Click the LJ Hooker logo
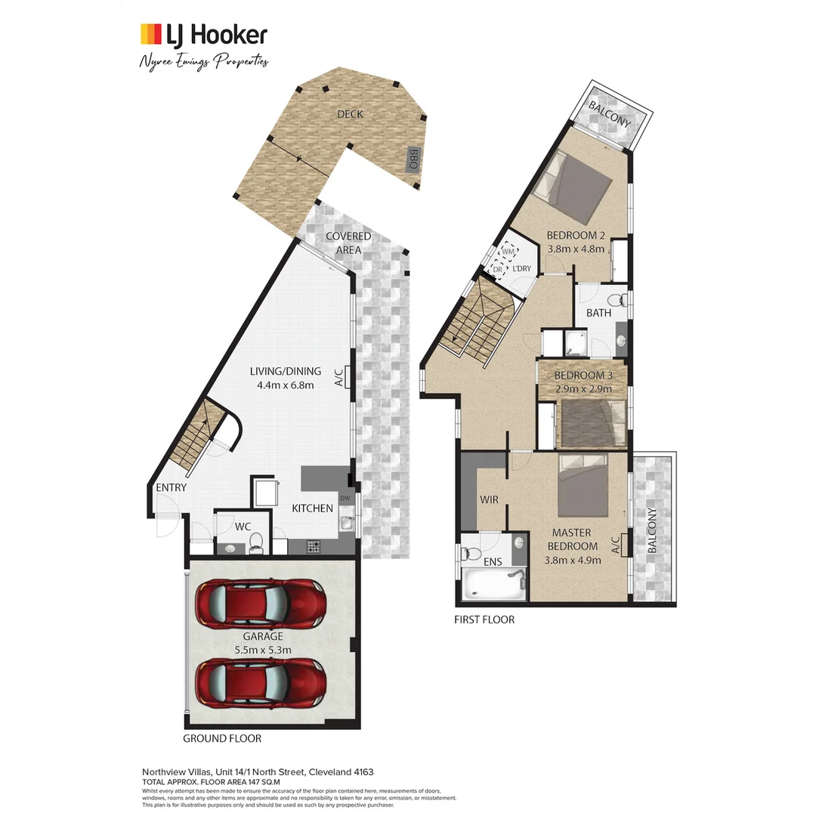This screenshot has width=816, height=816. coord(203,35)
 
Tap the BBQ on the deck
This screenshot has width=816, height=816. coord(414,159)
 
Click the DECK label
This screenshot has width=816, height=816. coord(350,114)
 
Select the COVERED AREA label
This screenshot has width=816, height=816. coord(348,243)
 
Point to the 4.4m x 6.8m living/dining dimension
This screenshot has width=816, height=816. coord(286,385)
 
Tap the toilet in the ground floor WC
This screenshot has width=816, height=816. coord(255,541)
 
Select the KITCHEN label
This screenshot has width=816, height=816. coord(313,508)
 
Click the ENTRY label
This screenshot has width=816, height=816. coord(171,488)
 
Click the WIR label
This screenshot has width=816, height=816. coord(489,499)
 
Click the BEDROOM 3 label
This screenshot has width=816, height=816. coord(583,376)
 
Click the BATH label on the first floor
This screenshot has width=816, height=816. coord(598,312)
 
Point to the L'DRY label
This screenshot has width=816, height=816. coord(521,269)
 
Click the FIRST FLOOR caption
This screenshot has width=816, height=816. coord(484,620)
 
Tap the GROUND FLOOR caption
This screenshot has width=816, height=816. coord(222,738)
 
